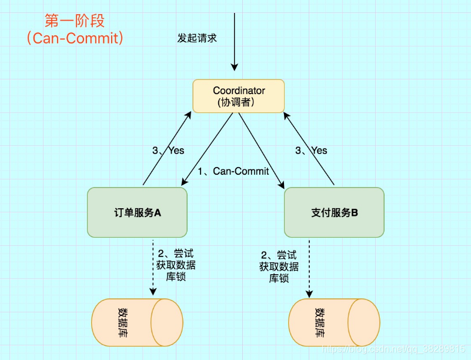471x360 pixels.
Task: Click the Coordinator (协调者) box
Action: tap(239, 96)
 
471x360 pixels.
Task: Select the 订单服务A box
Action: tap(137, 212)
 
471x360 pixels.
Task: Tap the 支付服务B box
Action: tap(334, 212)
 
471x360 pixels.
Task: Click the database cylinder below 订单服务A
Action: tap(137, 322)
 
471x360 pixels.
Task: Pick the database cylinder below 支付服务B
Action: tap(334, 322)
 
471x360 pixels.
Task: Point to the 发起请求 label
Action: tap(197, 38)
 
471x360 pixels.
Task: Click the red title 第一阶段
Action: tap(75, 21)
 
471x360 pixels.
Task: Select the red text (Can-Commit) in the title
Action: tap(75, 38)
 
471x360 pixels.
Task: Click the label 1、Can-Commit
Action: tap(233, 171)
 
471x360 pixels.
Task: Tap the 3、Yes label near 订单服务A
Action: tap(168, 151)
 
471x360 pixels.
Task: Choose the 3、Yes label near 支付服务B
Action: tap(311, 151)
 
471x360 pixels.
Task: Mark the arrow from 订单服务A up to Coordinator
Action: tap(166, 148)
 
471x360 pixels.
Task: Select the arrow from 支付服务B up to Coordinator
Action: tap(309, 148)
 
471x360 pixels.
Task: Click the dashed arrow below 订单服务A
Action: tap(153, 268)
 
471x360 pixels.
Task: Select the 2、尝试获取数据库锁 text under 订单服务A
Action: tap(175, 265)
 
